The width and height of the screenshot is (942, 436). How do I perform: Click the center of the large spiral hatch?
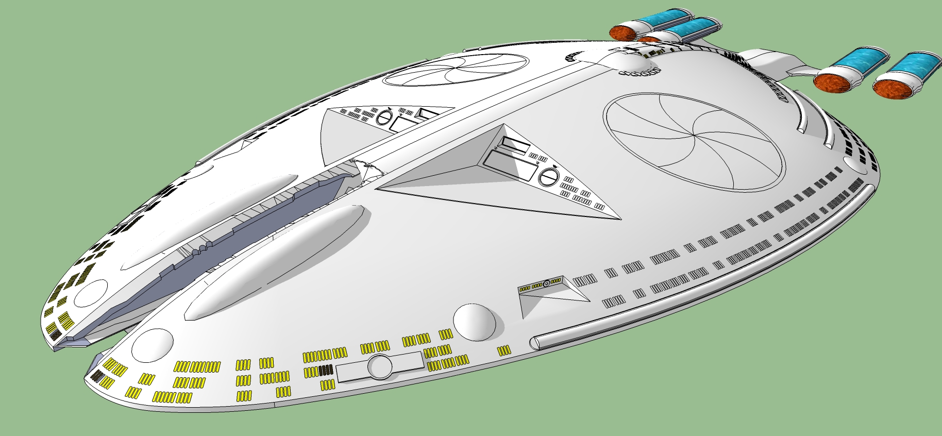[x=694, y=136]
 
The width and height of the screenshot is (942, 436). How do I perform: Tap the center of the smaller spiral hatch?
[x=456, y=70]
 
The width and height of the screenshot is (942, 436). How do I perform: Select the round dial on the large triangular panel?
[x=548, y=177]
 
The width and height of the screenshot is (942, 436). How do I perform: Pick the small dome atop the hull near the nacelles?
[x=630, y=62]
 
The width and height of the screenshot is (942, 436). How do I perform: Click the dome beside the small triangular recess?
[x=474, y=322]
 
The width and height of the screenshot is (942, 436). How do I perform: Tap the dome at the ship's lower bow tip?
[x=152, y=345]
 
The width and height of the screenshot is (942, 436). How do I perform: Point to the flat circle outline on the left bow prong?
[x=91, y=293]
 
